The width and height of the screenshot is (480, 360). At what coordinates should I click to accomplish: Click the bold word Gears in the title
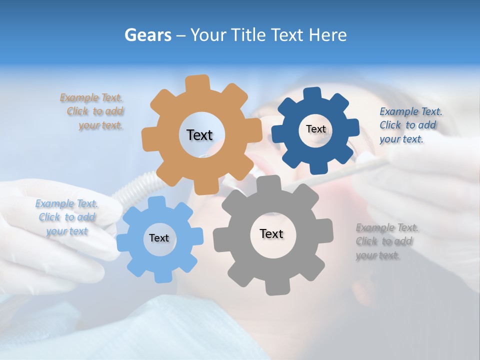click(x=147, y=35)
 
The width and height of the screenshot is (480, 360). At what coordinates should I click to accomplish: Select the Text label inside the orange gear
click(x=199, y=135)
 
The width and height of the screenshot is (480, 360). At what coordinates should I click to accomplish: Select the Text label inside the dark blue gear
click(x=315, y=129)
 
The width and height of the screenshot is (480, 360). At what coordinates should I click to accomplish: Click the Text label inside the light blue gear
click(x=159, y=238)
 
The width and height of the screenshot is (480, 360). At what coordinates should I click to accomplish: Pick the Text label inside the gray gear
click(x=271, y=233)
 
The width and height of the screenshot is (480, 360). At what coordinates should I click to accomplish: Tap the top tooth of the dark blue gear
click(x=312, y=94)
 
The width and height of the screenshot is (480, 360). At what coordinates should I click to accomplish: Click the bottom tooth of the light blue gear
click(x=161, y=276)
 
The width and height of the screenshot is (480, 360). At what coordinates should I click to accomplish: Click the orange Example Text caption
click(x=94, y=111)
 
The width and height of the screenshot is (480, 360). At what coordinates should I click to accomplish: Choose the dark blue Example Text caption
click(x=410, y=125)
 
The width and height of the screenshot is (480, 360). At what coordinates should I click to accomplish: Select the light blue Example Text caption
click(x=66, y=217)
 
